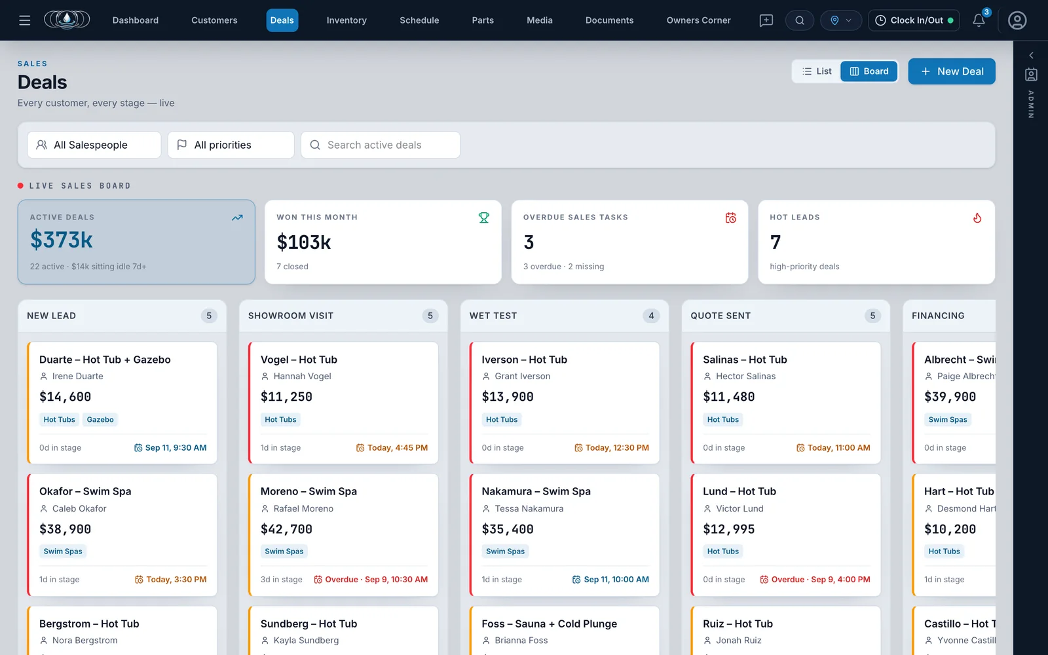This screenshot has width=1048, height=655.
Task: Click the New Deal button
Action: pyautogui.click(x=952, y=71)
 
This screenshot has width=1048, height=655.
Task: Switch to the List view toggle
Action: pyautogui.click(x=817, y=71)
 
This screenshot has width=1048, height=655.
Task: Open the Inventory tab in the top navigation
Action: pyautogui.click(x=346, y=20)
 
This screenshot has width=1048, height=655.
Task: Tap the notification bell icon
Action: pyautogui.click(x=979, y=20)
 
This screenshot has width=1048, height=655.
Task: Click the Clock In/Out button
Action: pyautogui.click(x=914, y=20)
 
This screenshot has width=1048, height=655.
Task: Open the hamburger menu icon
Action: pyautogui.click(x=24, y=20)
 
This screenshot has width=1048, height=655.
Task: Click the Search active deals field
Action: pyautogui.click(x=381, y=145)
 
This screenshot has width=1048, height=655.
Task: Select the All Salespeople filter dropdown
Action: pyautogui.click(x=94, y=145)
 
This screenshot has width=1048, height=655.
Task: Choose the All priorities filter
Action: pyautogui.click(x=231, y=145)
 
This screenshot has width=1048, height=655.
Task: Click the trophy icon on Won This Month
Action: pyautogui.click(x=484, y=217)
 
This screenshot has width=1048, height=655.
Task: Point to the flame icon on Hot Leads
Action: pyautogui.click(x=977, y=217)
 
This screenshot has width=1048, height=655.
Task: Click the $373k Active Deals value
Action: pyautogui.click(x=62, y=240)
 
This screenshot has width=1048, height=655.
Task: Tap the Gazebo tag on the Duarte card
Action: pyautogui.click(x=100, y=419)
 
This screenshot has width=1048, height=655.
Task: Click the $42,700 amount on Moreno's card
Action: pyautogui.click(x=286, y=529)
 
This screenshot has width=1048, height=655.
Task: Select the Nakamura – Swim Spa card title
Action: pyautogui.click(x=536, y=491)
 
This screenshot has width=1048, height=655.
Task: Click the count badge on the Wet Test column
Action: pyautogui.click(x=651, y=316)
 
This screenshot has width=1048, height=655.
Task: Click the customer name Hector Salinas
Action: pyautogui.click(x=746, y=376)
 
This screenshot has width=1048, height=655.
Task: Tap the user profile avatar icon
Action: pyautogui.click(x=1017, y=20)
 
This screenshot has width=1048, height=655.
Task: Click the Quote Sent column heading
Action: pyautogui.click(x=720, y=316)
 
